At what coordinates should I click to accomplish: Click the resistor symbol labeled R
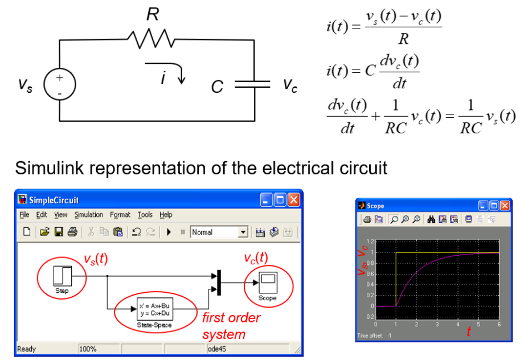152,39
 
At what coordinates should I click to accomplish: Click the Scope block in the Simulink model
267,281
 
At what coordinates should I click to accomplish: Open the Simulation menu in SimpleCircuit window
89,215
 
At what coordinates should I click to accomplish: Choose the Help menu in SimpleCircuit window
166,215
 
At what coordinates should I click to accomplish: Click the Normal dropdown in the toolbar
219,232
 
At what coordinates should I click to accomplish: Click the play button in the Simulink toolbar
169,232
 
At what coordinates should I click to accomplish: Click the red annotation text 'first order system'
231,325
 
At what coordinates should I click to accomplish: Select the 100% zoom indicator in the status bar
88,349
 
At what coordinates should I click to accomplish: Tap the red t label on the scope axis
468,333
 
